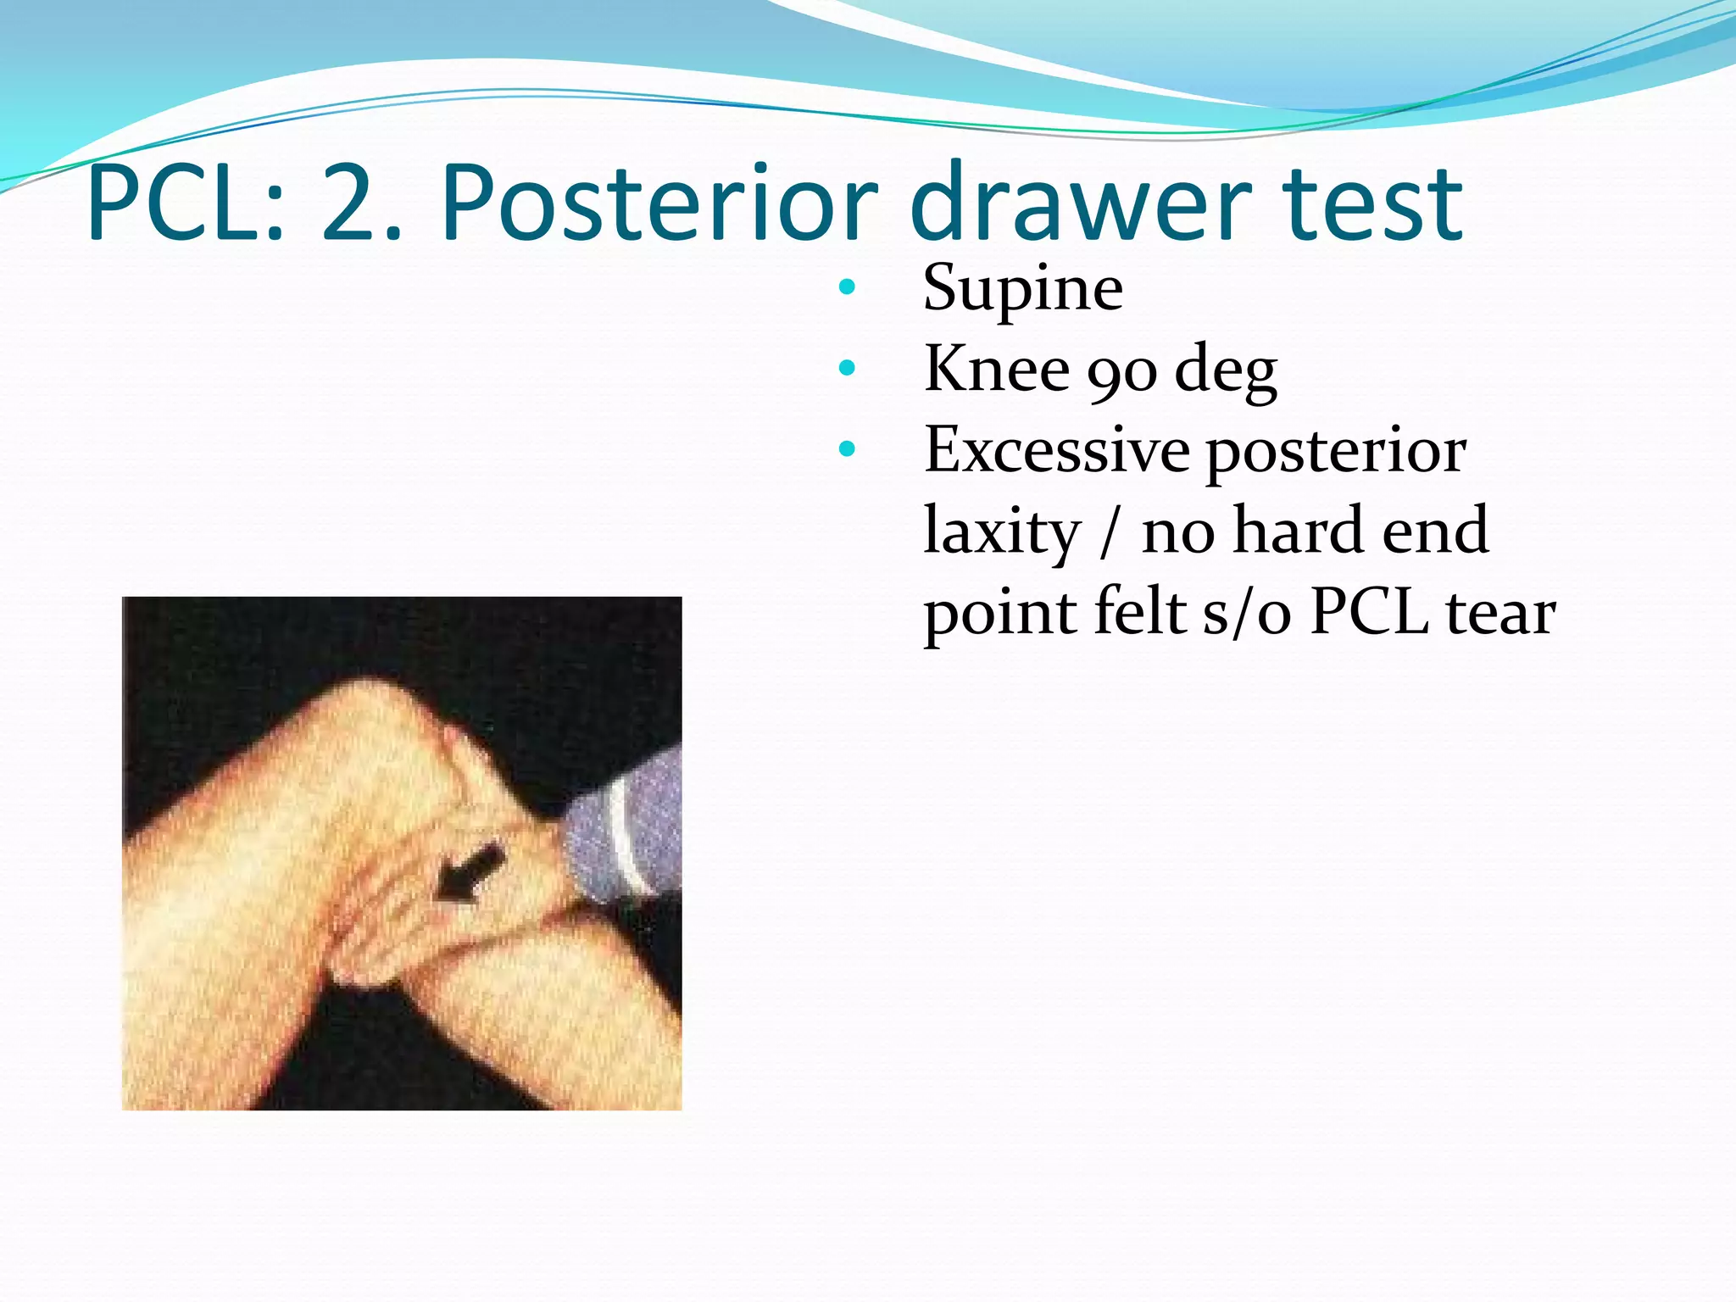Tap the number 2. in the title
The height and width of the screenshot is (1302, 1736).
[x=361, y=204]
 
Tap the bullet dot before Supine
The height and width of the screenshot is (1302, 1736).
[x=847, y=287]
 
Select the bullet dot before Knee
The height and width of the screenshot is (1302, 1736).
[x=847, y=369]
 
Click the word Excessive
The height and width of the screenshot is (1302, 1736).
[x=1056, y=450]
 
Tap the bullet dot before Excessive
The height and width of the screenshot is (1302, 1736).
[x=847, y=449]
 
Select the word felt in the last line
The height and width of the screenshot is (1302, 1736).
[x=1139, y=613]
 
